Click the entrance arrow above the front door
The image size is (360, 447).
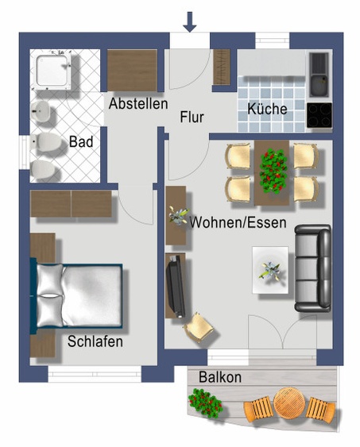pyautogui.click(x=190, y=22)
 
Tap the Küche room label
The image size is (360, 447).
pyautogui.click(x=267, y=110)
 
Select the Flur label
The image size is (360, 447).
pyautogui.click(x=192, y=118)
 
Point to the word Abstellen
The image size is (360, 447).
pyautogui.click(x=138, y=103)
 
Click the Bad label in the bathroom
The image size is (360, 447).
pyautogui.click(x=81, y=141)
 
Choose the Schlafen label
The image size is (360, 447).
pyautogui.click(x=95, y=341)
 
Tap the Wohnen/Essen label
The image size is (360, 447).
pyautogui.click(x=238, y=222)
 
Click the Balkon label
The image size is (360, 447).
pyautogui.click(x=220, y=377)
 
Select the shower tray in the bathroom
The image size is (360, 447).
pyautogui.click(x=53, y=70)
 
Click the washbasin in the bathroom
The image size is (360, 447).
pyautogui.click(x=41, y=111)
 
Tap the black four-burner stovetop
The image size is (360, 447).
pyautogui.click(x=319, y=115)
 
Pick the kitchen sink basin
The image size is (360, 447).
pyautogui.click(x=319, y=85)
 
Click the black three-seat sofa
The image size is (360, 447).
pyautogui.click(x=312, y=268)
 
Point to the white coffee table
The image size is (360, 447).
pyautogui.click(x=270, y=270)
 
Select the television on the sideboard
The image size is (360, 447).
pyautogui.click(x=176, y=286)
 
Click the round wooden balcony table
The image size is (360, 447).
pyautogui.click(x=288, y=402)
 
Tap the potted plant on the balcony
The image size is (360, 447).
pyautogui.click(x=205, y=402)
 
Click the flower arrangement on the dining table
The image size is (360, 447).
pyautogui.click(x=273, y=172)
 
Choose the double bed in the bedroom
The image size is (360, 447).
pyautogui.click(x=76, y=295)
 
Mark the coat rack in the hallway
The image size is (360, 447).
pyautogui.click(x=222, y=67)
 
